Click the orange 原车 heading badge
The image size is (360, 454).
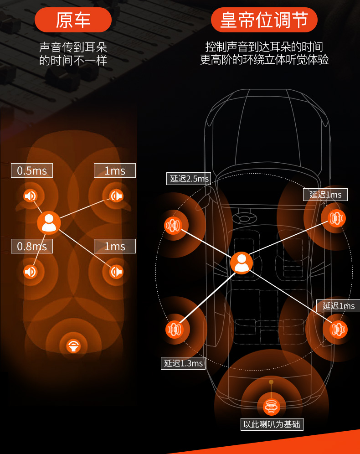coord(73,20)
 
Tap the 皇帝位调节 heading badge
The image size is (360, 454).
coord(264,20)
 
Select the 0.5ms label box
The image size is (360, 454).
coord(32,170)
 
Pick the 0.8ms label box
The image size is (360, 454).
coord(32,246)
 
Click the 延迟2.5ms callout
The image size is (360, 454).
coord(189,179)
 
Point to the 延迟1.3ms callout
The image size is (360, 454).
coord(183,363)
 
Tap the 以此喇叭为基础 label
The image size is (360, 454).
coord(272,424)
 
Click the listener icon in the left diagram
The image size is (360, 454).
coord(49,222)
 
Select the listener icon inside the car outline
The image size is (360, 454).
coord(242,263)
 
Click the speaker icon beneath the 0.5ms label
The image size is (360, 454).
coord(31,196)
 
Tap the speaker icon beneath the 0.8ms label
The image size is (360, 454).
coord(31,272)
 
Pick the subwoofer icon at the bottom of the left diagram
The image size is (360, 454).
coord(73,346)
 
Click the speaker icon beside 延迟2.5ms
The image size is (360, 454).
coord(173,225)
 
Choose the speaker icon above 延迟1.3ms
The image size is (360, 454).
coord(175,330)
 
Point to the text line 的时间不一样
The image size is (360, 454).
coord(73,61)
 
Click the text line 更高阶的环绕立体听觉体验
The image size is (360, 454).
coord(264,60)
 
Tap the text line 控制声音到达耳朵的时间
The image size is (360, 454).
coord(264,46)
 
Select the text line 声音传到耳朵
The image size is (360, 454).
coord(73,47)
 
